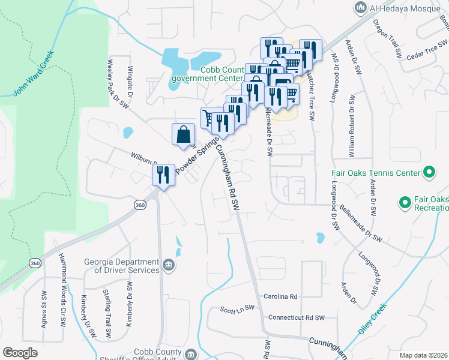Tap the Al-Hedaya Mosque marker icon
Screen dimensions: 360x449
click(x=361, y=7)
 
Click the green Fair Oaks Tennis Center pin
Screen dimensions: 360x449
click(x=429, y=173)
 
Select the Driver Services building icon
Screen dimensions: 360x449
click(x=169, y=263)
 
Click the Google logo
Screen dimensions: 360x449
click(x=19, y=352)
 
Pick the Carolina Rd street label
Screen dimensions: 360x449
click(x=280, y=296)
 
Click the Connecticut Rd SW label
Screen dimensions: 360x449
click(x=296, y=317)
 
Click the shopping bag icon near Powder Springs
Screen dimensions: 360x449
click(x=183, y=134)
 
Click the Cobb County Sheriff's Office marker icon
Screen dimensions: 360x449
click(x=191, y=354)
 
